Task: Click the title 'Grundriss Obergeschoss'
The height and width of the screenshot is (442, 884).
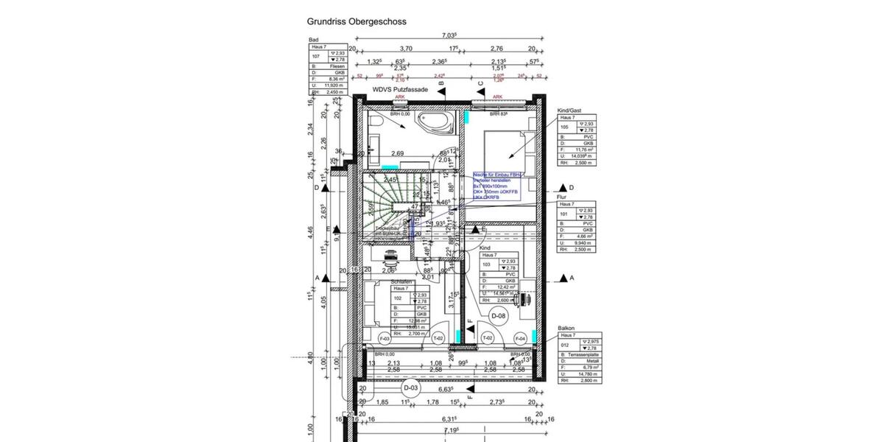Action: [356, 22]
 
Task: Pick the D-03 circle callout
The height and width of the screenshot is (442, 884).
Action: [411, 387]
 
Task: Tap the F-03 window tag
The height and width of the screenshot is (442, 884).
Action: [384, 339]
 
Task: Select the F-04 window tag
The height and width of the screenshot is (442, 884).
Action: [520, 339]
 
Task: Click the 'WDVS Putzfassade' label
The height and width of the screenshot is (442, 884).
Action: [400, 89]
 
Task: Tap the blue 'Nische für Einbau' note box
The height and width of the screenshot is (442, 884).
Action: [497, 186]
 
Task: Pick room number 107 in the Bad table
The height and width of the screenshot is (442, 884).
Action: [315, 56]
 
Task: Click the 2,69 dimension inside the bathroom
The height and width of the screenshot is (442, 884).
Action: [397, 153]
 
